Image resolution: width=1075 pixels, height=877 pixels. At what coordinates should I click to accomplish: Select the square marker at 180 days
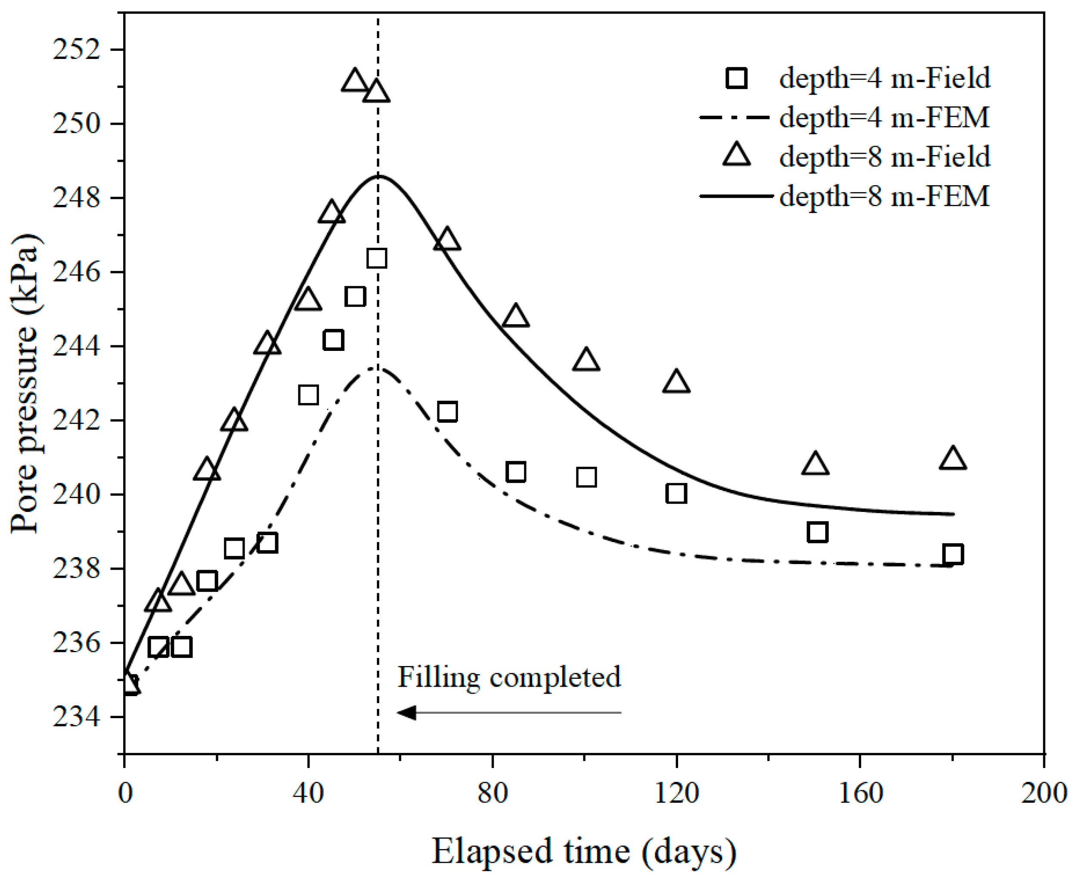pyautogui.click(x=953, y=555)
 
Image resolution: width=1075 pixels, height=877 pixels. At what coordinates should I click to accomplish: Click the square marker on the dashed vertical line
pyautogui.click(x=377, y=258)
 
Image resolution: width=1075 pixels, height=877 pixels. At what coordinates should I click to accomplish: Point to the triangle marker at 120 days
pyautogui.click(x=676, y=382)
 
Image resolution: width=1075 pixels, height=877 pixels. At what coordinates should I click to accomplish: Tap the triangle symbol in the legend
pyautogui.click(x=737, y=155)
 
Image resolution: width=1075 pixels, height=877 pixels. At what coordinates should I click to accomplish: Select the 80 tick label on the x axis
pyautogui.click(x=493, y=793)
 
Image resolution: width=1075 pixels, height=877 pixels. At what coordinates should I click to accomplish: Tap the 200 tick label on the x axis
pyautogui.click(x=1044, y=793)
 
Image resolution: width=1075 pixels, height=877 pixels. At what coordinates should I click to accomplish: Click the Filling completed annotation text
pyautogui.click(x=509, y=677)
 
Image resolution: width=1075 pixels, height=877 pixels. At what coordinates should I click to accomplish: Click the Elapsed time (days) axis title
pyautogui.click(x=583, y=852)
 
